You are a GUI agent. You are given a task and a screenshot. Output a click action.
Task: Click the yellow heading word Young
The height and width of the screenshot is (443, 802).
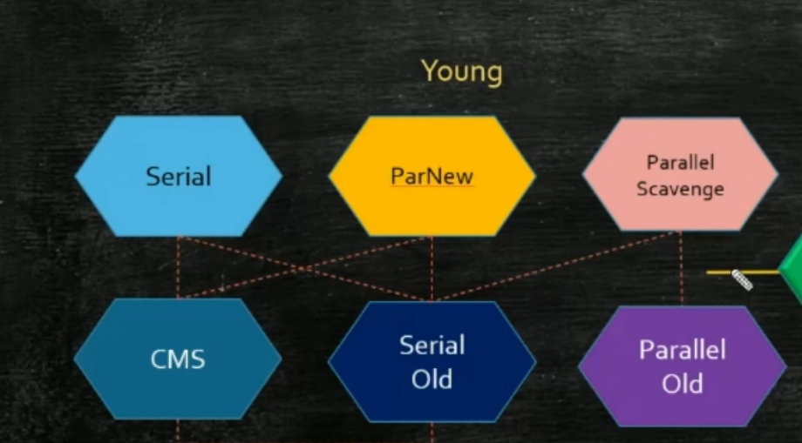tap(461, 71)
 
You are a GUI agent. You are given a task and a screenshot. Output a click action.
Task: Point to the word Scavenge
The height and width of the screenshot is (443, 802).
tap(680, 188)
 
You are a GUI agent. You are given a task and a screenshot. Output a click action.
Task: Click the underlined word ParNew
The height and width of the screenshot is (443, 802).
tap(432, 177)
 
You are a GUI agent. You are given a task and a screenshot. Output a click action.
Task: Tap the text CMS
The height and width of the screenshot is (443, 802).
tap(178, 359)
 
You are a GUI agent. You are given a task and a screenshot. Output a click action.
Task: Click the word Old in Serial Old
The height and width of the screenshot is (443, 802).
tap(432, 379)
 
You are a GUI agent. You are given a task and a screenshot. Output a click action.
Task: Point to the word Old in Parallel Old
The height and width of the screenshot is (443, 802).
tap(682, 383)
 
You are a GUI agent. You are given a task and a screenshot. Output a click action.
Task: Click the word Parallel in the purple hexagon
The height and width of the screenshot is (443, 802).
tap(682, 351)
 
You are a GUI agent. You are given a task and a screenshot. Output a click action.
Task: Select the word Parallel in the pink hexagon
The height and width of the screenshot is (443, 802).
tap(681, 163)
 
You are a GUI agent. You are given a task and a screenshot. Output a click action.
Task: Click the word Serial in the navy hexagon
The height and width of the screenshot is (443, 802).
tap(432, 346)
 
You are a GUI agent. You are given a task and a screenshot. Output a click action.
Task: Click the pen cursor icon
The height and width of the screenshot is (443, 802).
tap(741, 279)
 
